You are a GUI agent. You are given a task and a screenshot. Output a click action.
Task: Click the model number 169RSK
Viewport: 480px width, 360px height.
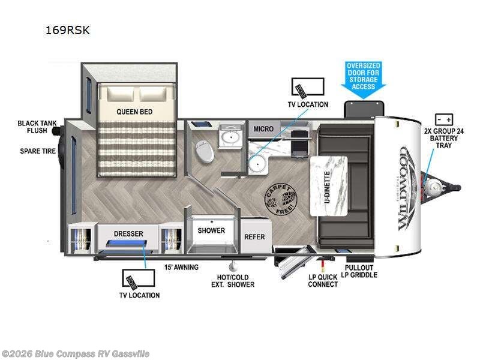click(68, 30)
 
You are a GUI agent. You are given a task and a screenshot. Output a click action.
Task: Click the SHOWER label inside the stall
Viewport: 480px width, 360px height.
click(211, 230)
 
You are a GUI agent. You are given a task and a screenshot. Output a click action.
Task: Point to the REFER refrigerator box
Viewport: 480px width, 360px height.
click(254, 236)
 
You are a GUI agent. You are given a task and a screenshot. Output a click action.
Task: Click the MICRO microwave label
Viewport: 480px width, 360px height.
click(263, 128)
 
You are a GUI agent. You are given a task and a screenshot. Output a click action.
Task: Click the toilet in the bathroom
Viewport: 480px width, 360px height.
click(205, 153)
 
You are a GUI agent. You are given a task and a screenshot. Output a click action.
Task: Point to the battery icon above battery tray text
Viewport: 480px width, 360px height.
click(443, 118)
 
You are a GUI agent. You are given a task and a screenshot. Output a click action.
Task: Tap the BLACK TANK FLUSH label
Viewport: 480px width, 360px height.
click(37, 127)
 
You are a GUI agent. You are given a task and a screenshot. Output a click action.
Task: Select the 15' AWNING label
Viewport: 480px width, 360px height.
click(182, 266)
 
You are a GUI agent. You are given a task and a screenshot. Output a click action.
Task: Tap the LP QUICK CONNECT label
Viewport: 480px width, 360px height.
click(322, 280)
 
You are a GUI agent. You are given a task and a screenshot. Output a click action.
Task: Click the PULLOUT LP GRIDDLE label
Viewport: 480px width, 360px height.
click(359, 271)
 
